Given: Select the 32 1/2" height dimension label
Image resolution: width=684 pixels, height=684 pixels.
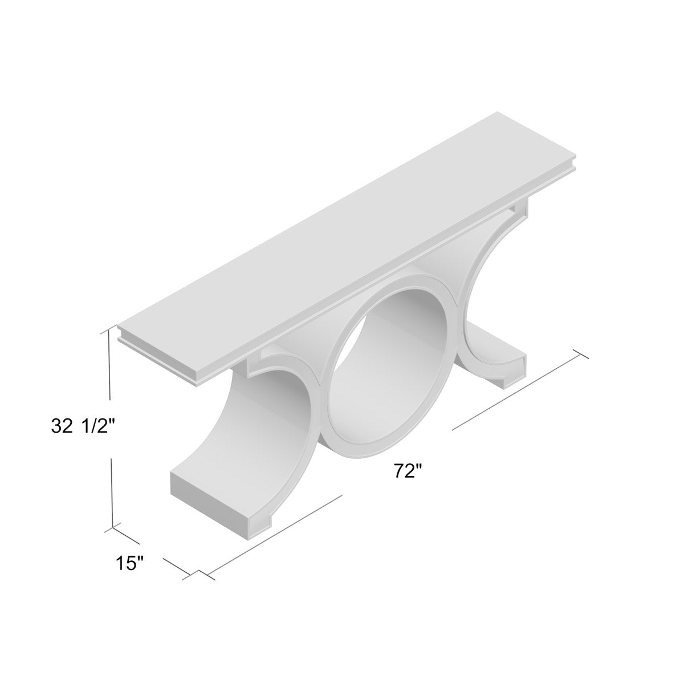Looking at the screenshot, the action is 84,426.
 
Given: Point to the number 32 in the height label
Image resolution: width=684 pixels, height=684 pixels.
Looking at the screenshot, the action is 62,426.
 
